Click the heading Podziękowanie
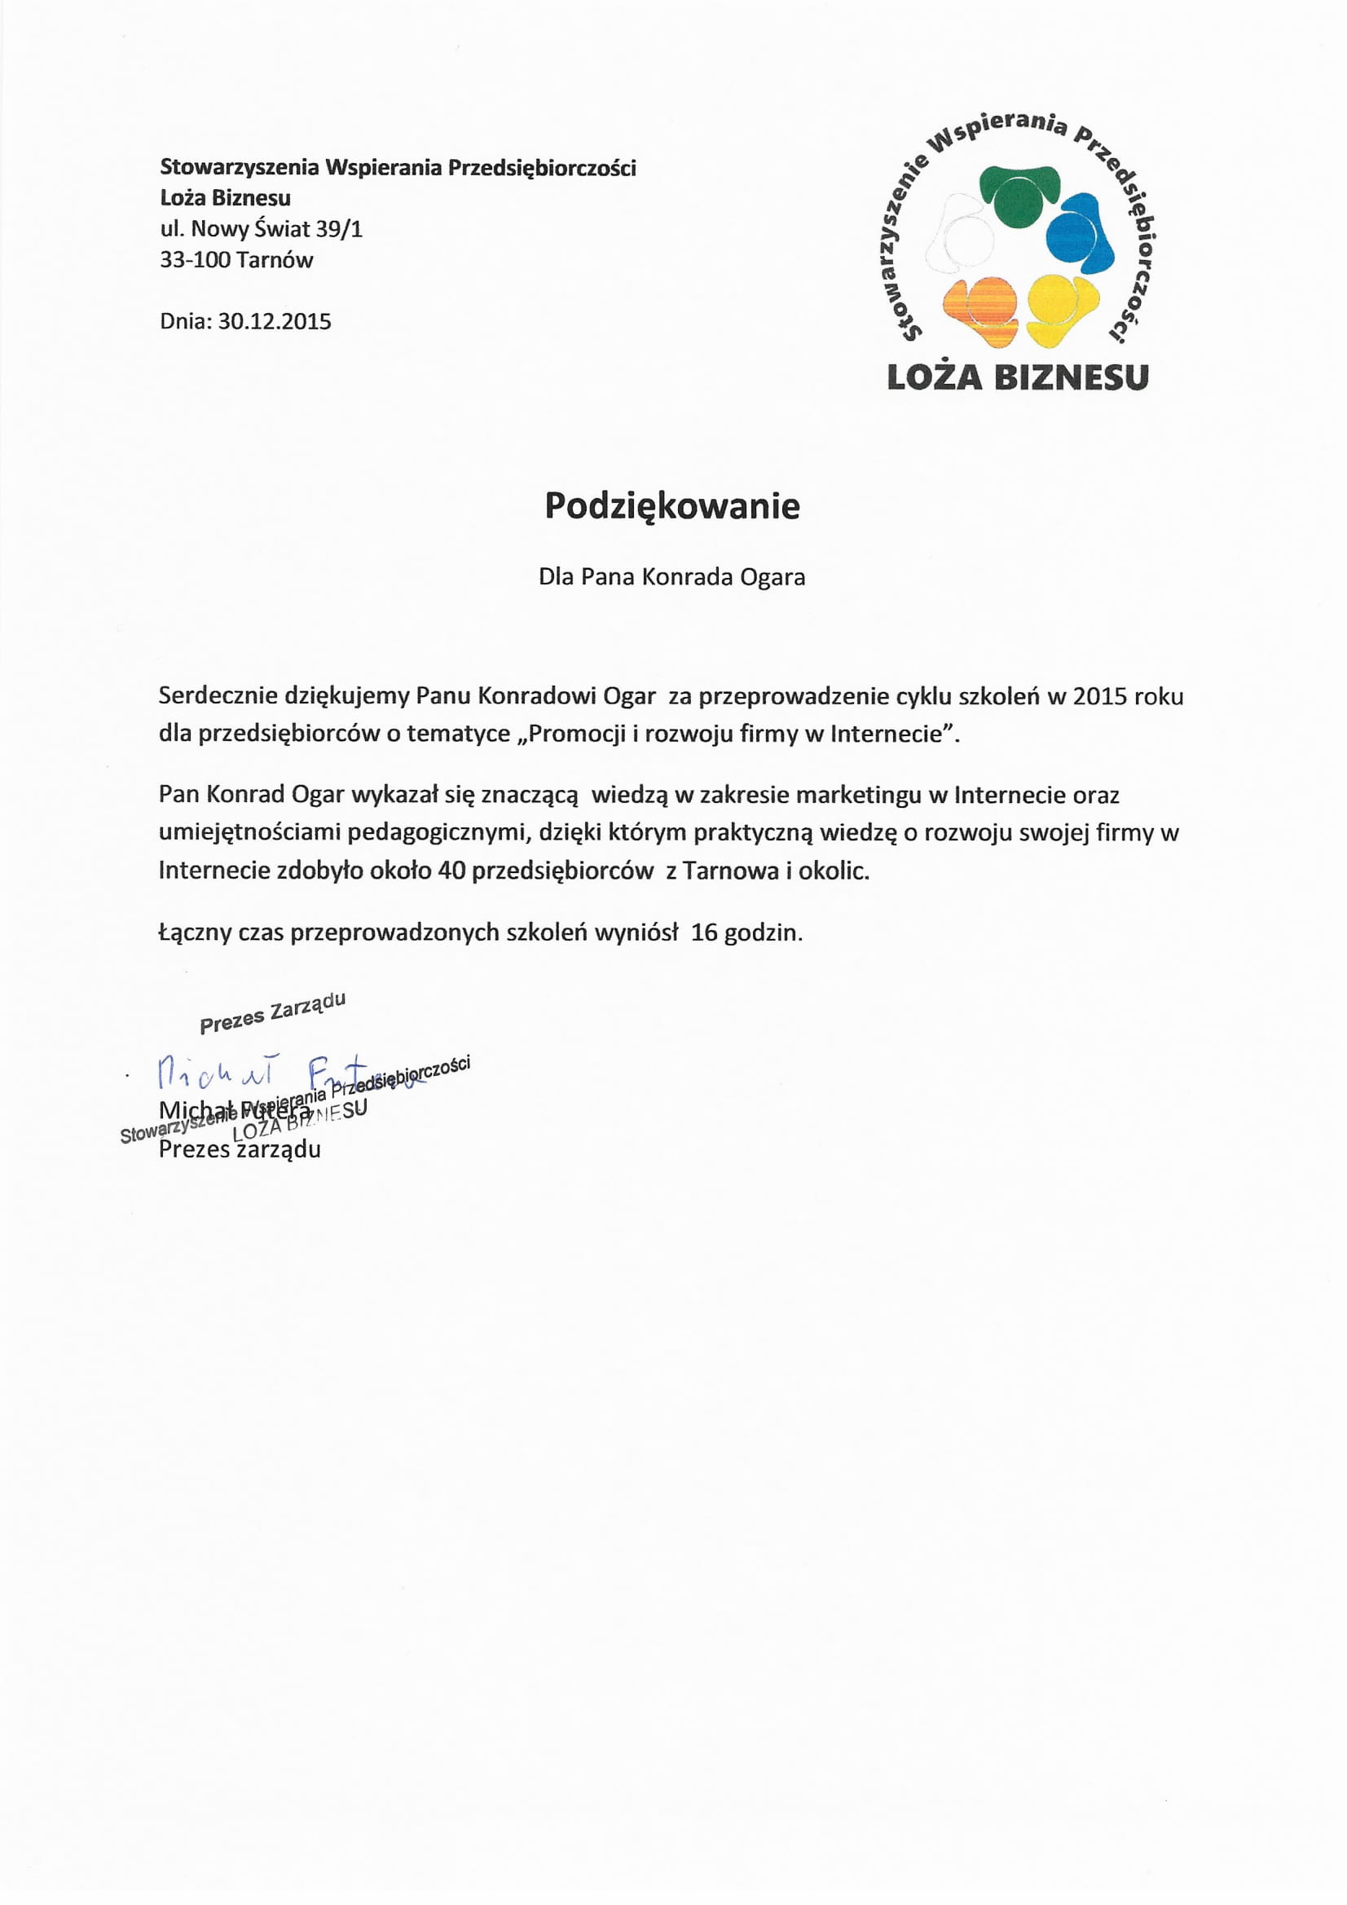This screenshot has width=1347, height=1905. click(671, 506)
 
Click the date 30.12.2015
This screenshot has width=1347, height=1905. click(275, 322)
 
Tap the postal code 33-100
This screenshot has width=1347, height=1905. click(195, 261)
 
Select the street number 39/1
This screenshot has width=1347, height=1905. click(339, 229)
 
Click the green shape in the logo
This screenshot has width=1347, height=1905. click(1019, 195)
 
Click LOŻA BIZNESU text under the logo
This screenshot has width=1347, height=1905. click(1018, 378)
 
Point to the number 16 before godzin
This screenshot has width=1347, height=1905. click(704, 933)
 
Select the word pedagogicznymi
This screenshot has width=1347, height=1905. click(436, 832)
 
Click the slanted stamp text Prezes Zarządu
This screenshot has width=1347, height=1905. click(272, 1012)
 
